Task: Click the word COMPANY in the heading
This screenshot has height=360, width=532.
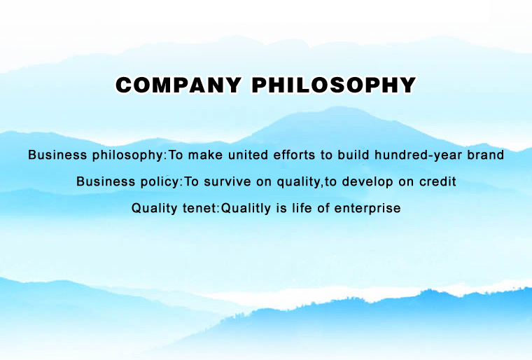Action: click(x=178, y=85)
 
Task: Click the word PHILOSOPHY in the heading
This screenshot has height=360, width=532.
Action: click(x=334, y=85)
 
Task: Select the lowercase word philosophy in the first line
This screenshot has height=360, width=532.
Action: click(x=128, y=155)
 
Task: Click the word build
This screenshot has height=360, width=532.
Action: click(x=353, y=155)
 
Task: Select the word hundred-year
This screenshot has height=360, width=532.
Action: click(x=419, y=155)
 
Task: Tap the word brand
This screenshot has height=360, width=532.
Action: click(x=486, y=155)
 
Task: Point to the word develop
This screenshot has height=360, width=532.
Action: click(x=367, y=182)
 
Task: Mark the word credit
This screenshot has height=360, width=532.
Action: click(x=437, y=181)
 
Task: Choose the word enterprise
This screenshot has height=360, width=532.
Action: click(x=367, y=209)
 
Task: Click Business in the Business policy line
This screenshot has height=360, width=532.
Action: click(x=106, y=181)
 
